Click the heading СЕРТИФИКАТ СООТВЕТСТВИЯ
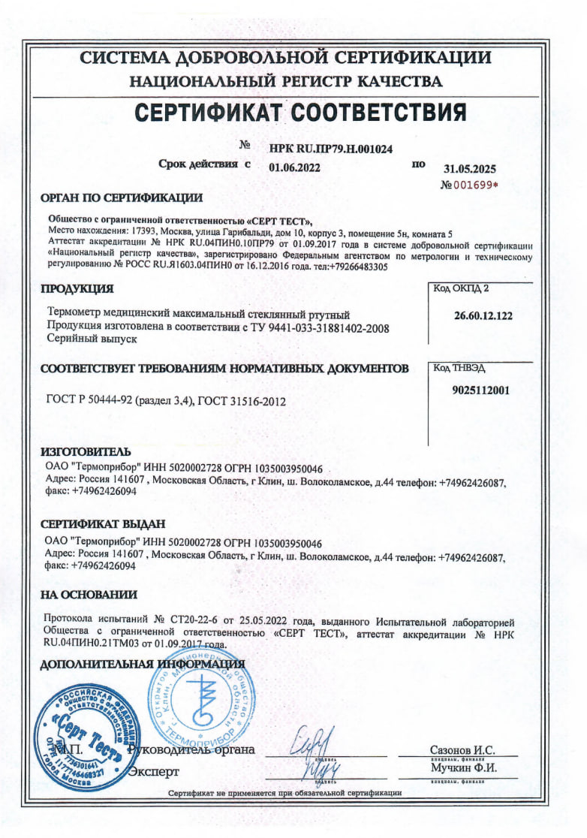[300, 113]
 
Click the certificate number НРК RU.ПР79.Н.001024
[330, 149]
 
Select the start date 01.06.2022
[294, 167]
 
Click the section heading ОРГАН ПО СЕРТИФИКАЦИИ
[121, 198]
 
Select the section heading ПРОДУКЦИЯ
[77, 288]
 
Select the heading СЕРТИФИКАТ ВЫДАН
[102, 524]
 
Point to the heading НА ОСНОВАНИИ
[89, 595]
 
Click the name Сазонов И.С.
[462, 750]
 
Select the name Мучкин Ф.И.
[463, 769]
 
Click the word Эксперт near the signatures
[155, 771]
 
